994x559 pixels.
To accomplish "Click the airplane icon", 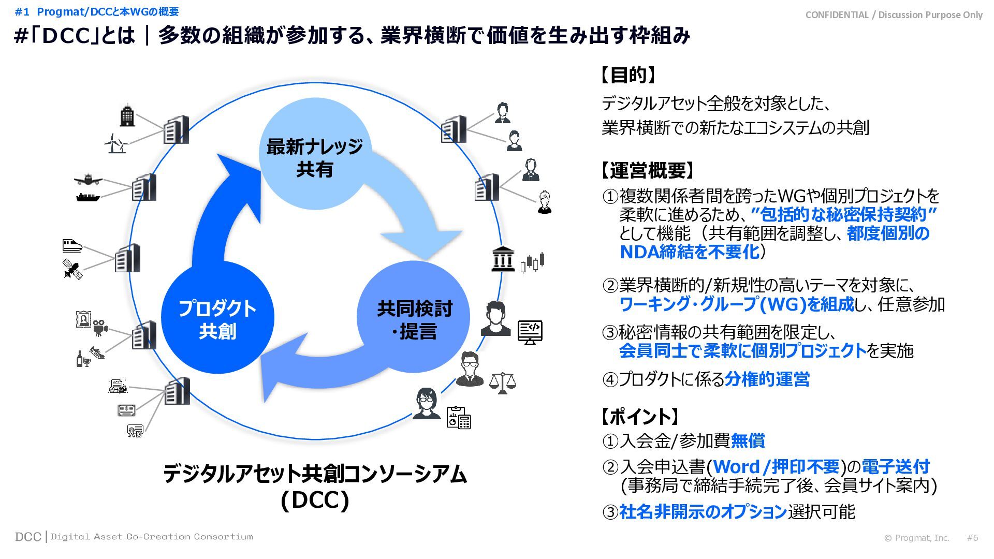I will coord(88,180).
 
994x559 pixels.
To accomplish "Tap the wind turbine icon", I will coord(115,143).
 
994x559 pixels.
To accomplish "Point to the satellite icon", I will coord(72,269).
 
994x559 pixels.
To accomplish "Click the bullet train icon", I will coord(72,245).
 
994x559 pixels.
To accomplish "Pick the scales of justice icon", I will coord(502,383).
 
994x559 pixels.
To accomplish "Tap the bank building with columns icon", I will coord(503,259).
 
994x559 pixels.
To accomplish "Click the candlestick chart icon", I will coord(533,262).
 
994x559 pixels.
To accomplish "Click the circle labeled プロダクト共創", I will coord(217,318).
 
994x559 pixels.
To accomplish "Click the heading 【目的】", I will coord(628,76).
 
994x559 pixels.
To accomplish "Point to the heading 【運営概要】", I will coord(647,170).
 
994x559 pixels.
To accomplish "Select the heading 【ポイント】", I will coord(639,416).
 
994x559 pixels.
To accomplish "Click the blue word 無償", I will coord(748,441).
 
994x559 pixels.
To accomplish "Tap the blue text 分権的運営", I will coord(767,379).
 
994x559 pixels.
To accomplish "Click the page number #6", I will coord(972,538).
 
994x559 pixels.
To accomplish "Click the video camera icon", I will coord(100,327).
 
